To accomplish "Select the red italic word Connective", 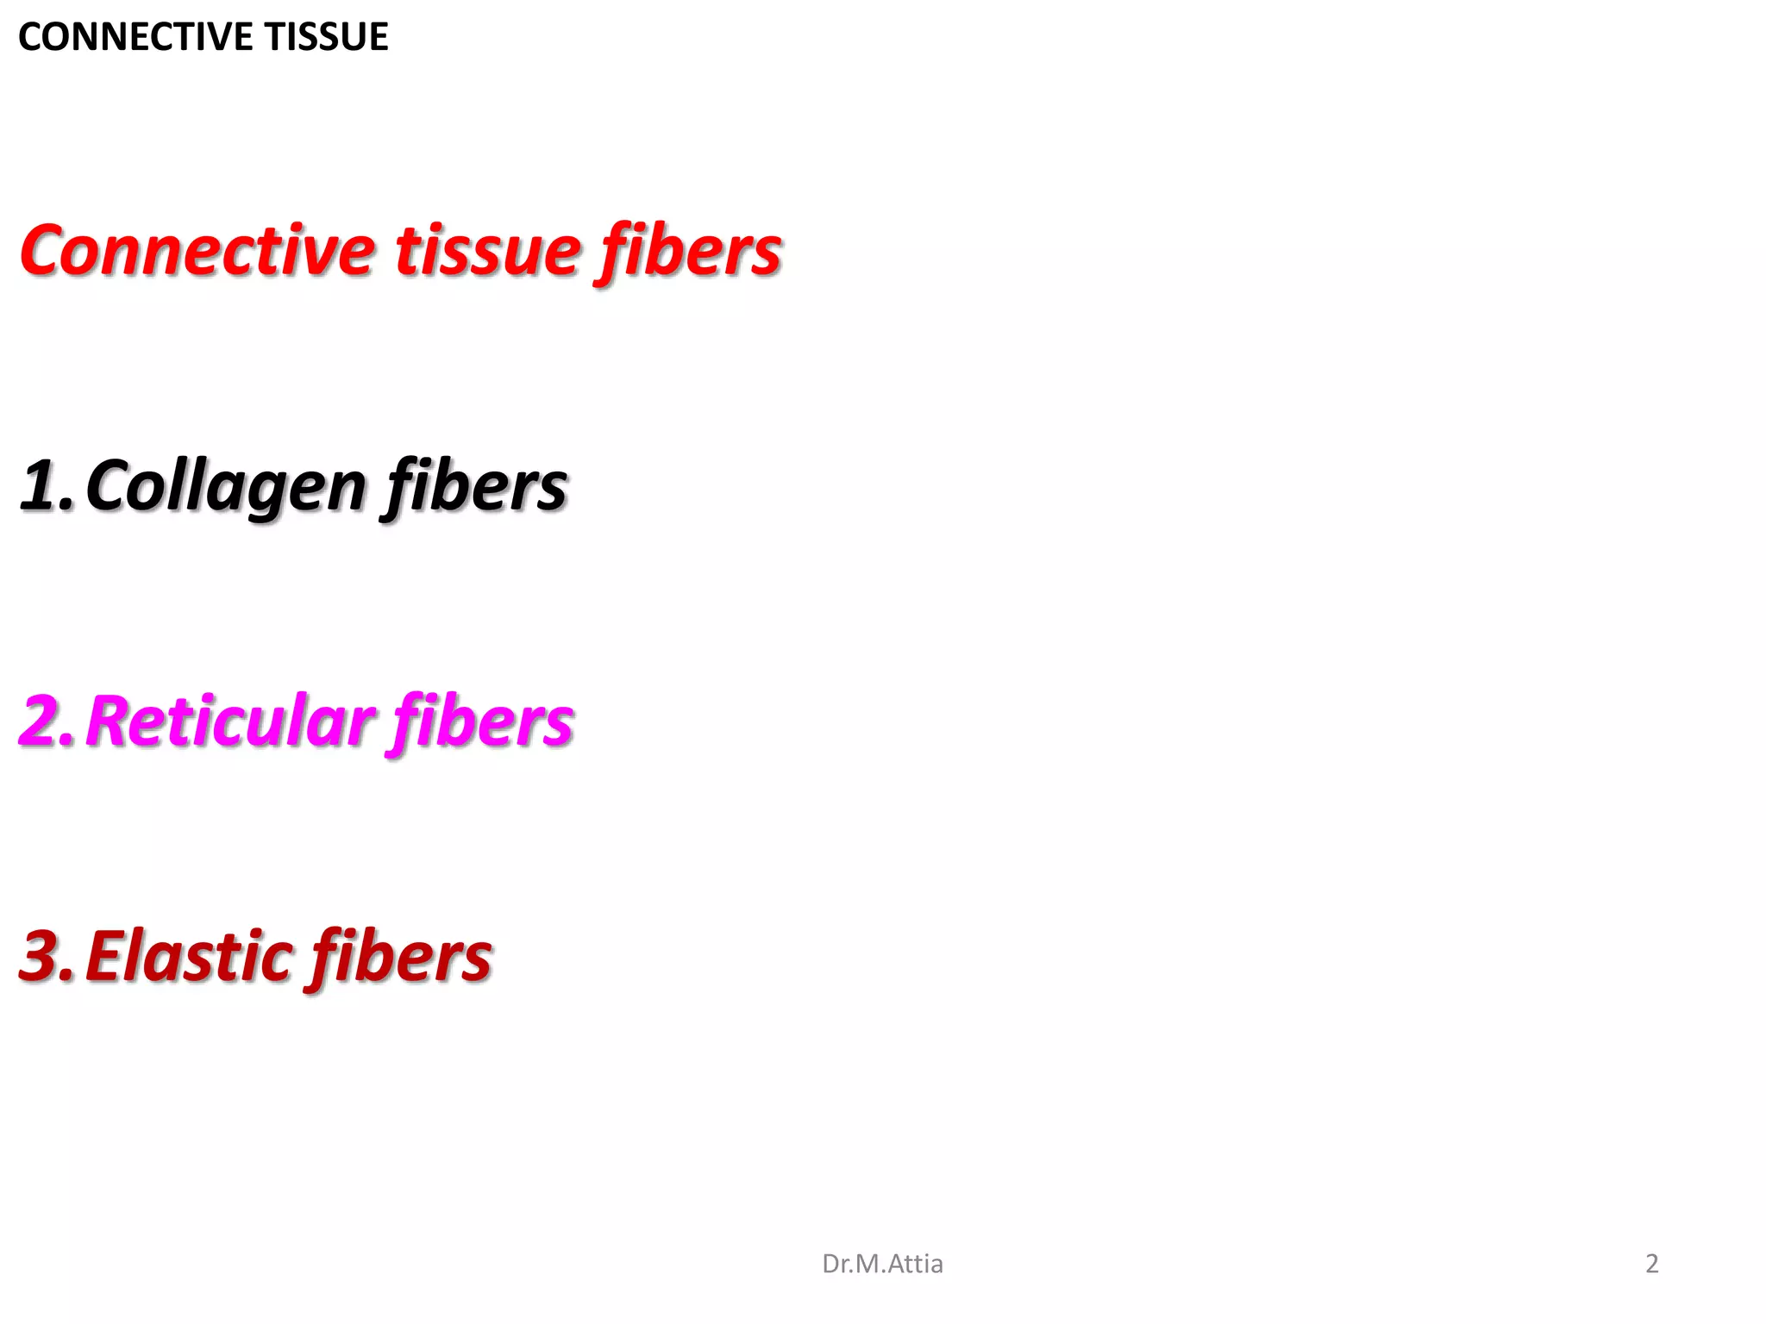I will click(x=197, y=251).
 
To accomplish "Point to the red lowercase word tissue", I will click(x=488, y=251).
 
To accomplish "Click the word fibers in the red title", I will click(x=691, y=251).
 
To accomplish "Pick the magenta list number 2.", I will click(x=45, y=721).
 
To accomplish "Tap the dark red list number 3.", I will click(x=45, y=956).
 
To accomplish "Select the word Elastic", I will click(x=190, y=956).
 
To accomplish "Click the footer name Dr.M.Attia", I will click(x=882, y=1264).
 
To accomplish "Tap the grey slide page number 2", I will click(x=1651, y=1264).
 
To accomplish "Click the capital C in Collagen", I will click(x=107, y=485).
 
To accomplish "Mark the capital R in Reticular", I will click(x=110, y=721).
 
